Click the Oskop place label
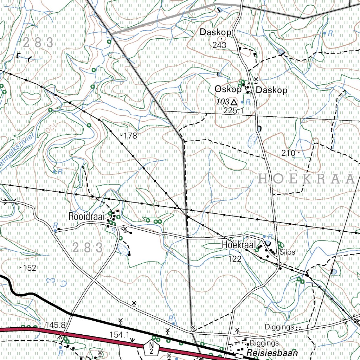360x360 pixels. click(x=228, y=90)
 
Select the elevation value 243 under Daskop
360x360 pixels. click(x=219, y=45)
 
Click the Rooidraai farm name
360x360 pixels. click(x=86, y=216)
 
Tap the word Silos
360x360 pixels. click(x=288, y=252)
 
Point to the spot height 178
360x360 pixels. click(x=130, y=136)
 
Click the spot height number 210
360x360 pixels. click(x=288, y=153)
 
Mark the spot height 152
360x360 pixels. click(x=30, y=268)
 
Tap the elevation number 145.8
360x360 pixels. click(x=55, y=324)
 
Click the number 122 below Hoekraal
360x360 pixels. click(x=234, y=259)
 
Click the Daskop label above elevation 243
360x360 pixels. click(x=216, y=32)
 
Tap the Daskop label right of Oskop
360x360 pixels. click(x=271, y=90)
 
